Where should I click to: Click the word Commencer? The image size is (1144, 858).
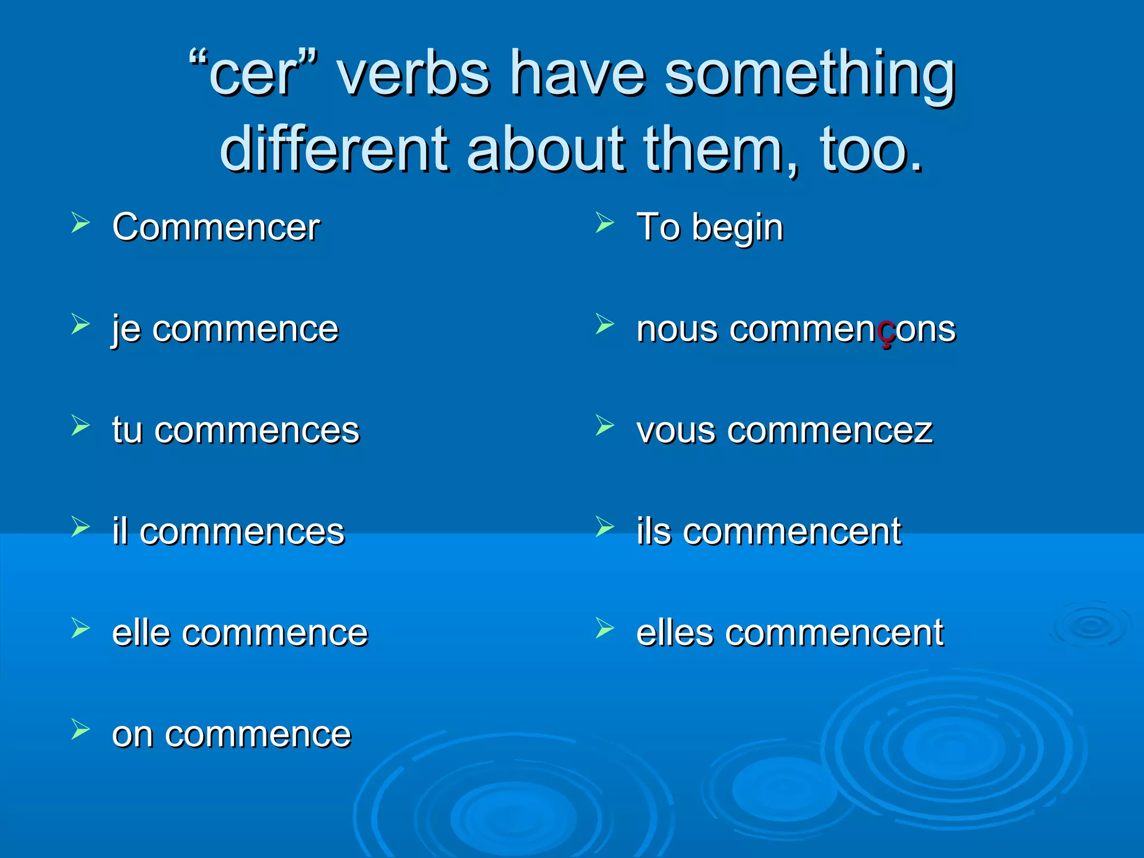(x=216, y=227)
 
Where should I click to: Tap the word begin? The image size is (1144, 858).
(x=738, y=228)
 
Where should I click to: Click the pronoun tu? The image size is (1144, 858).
(x=127, y=430)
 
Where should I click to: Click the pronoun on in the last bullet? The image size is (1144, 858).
(x=132, y=735)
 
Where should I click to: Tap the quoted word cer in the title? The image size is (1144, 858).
(x=253, y=75)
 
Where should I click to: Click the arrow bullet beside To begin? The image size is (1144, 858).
(x=604, y=223)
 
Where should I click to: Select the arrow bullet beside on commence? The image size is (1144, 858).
(x=80, y=730)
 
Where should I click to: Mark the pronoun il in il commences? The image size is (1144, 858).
(x=120, y=531)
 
